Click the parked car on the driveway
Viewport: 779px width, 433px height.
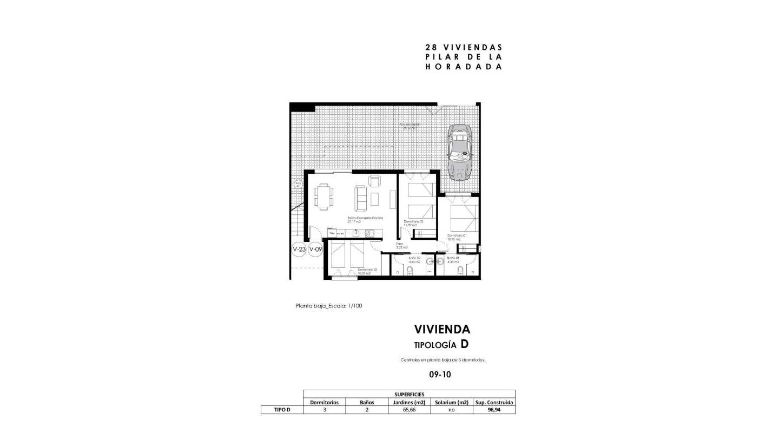[x=459, y=153]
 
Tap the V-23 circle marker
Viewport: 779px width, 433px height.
[x=299, y=250]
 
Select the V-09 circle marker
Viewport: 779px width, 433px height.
[x=315, y=250]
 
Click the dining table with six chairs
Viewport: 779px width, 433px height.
[x=324, y=196]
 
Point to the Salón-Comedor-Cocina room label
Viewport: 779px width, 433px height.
[x=365, y=219]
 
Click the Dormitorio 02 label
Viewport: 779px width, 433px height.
[x=413, y=222]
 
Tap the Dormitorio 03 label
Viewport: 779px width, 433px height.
[x=367, y=271]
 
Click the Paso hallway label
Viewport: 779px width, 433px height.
[x=400, y=245]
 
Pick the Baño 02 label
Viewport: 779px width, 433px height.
[x=414, y=260]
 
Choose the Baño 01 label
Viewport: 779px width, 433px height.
[x=453, y=260]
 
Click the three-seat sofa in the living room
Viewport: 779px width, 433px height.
[x=360, y=199]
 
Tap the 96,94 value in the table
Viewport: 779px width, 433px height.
[x=494, y=410]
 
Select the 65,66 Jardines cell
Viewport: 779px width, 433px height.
[x=409, y=410]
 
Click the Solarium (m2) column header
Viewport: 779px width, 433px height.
[x=451, y=402]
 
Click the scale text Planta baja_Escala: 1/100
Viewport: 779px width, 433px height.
[x=329, y=306]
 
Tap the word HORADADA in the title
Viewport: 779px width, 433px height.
[x=464, y=67]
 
